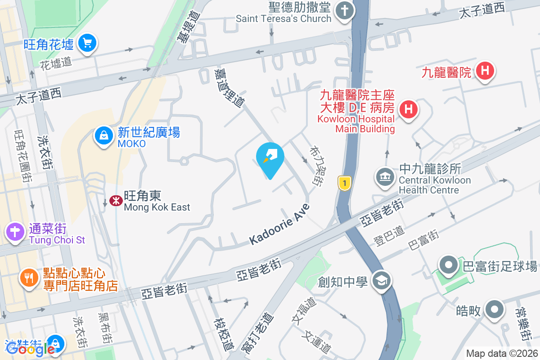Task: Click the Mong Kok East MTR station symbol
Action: point(116,201)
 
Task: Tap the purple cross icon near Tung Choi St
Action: point(16,232)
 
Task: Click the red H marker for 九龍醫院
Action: point(485,71)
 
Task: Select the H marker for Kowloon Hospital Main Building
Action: point(409,109)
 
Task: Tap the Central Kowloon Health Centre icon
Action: point(384,176)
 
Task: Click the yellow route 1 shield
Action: point(344,183)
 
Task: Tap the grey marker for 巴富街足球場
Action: point(449,265)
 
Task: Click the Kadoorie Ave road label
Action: point(279,225)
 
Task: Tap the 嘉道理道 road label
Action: point(229,88)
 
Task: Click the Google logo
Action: point(31,348)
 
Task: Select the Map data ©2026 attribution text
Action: point(501,353)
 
